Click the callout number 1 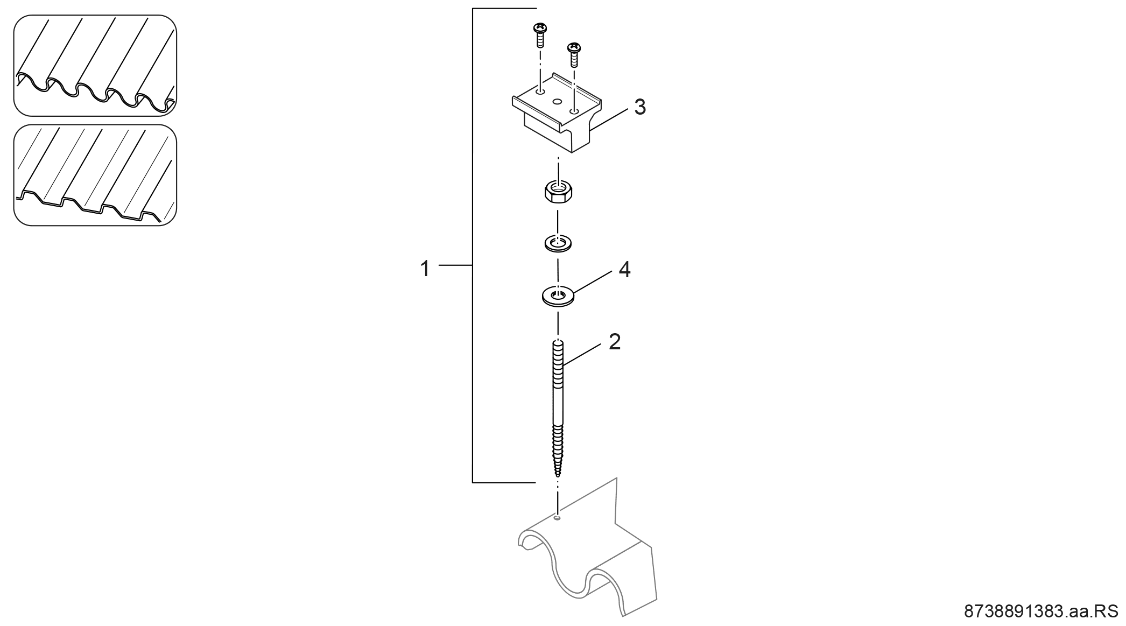point(425,268)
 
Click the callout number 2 point(615,342)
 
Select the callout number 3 point(639,107)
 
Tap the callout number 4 point(624,270)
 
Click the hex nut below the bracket point(558,192)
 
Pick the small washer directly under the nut point(558,243)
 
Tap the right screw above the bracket point(574,54)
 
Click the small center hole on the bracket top point(557,101)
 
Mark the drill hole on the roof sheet point(557,518)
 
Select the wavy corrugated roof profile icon point(95,65)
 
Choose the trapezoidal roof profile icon point(95,175)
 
